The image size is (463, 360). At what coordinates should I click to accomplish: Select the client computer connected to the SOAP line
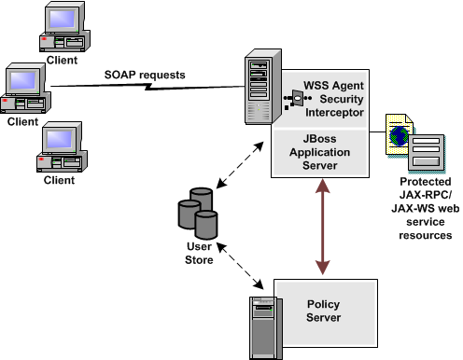tap(26, 90)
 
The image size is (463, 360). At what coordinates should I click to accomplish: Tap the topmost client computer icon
tap(62, 27)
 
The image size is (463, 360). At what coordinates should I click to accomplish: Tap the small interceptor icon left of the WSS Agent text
tap(296, 98)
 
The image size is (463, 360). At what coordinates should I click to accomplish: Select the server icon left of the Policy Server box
tap(264, 323)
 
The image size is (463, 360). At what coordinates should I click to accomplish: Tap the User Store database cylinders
tap(197, 214)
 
